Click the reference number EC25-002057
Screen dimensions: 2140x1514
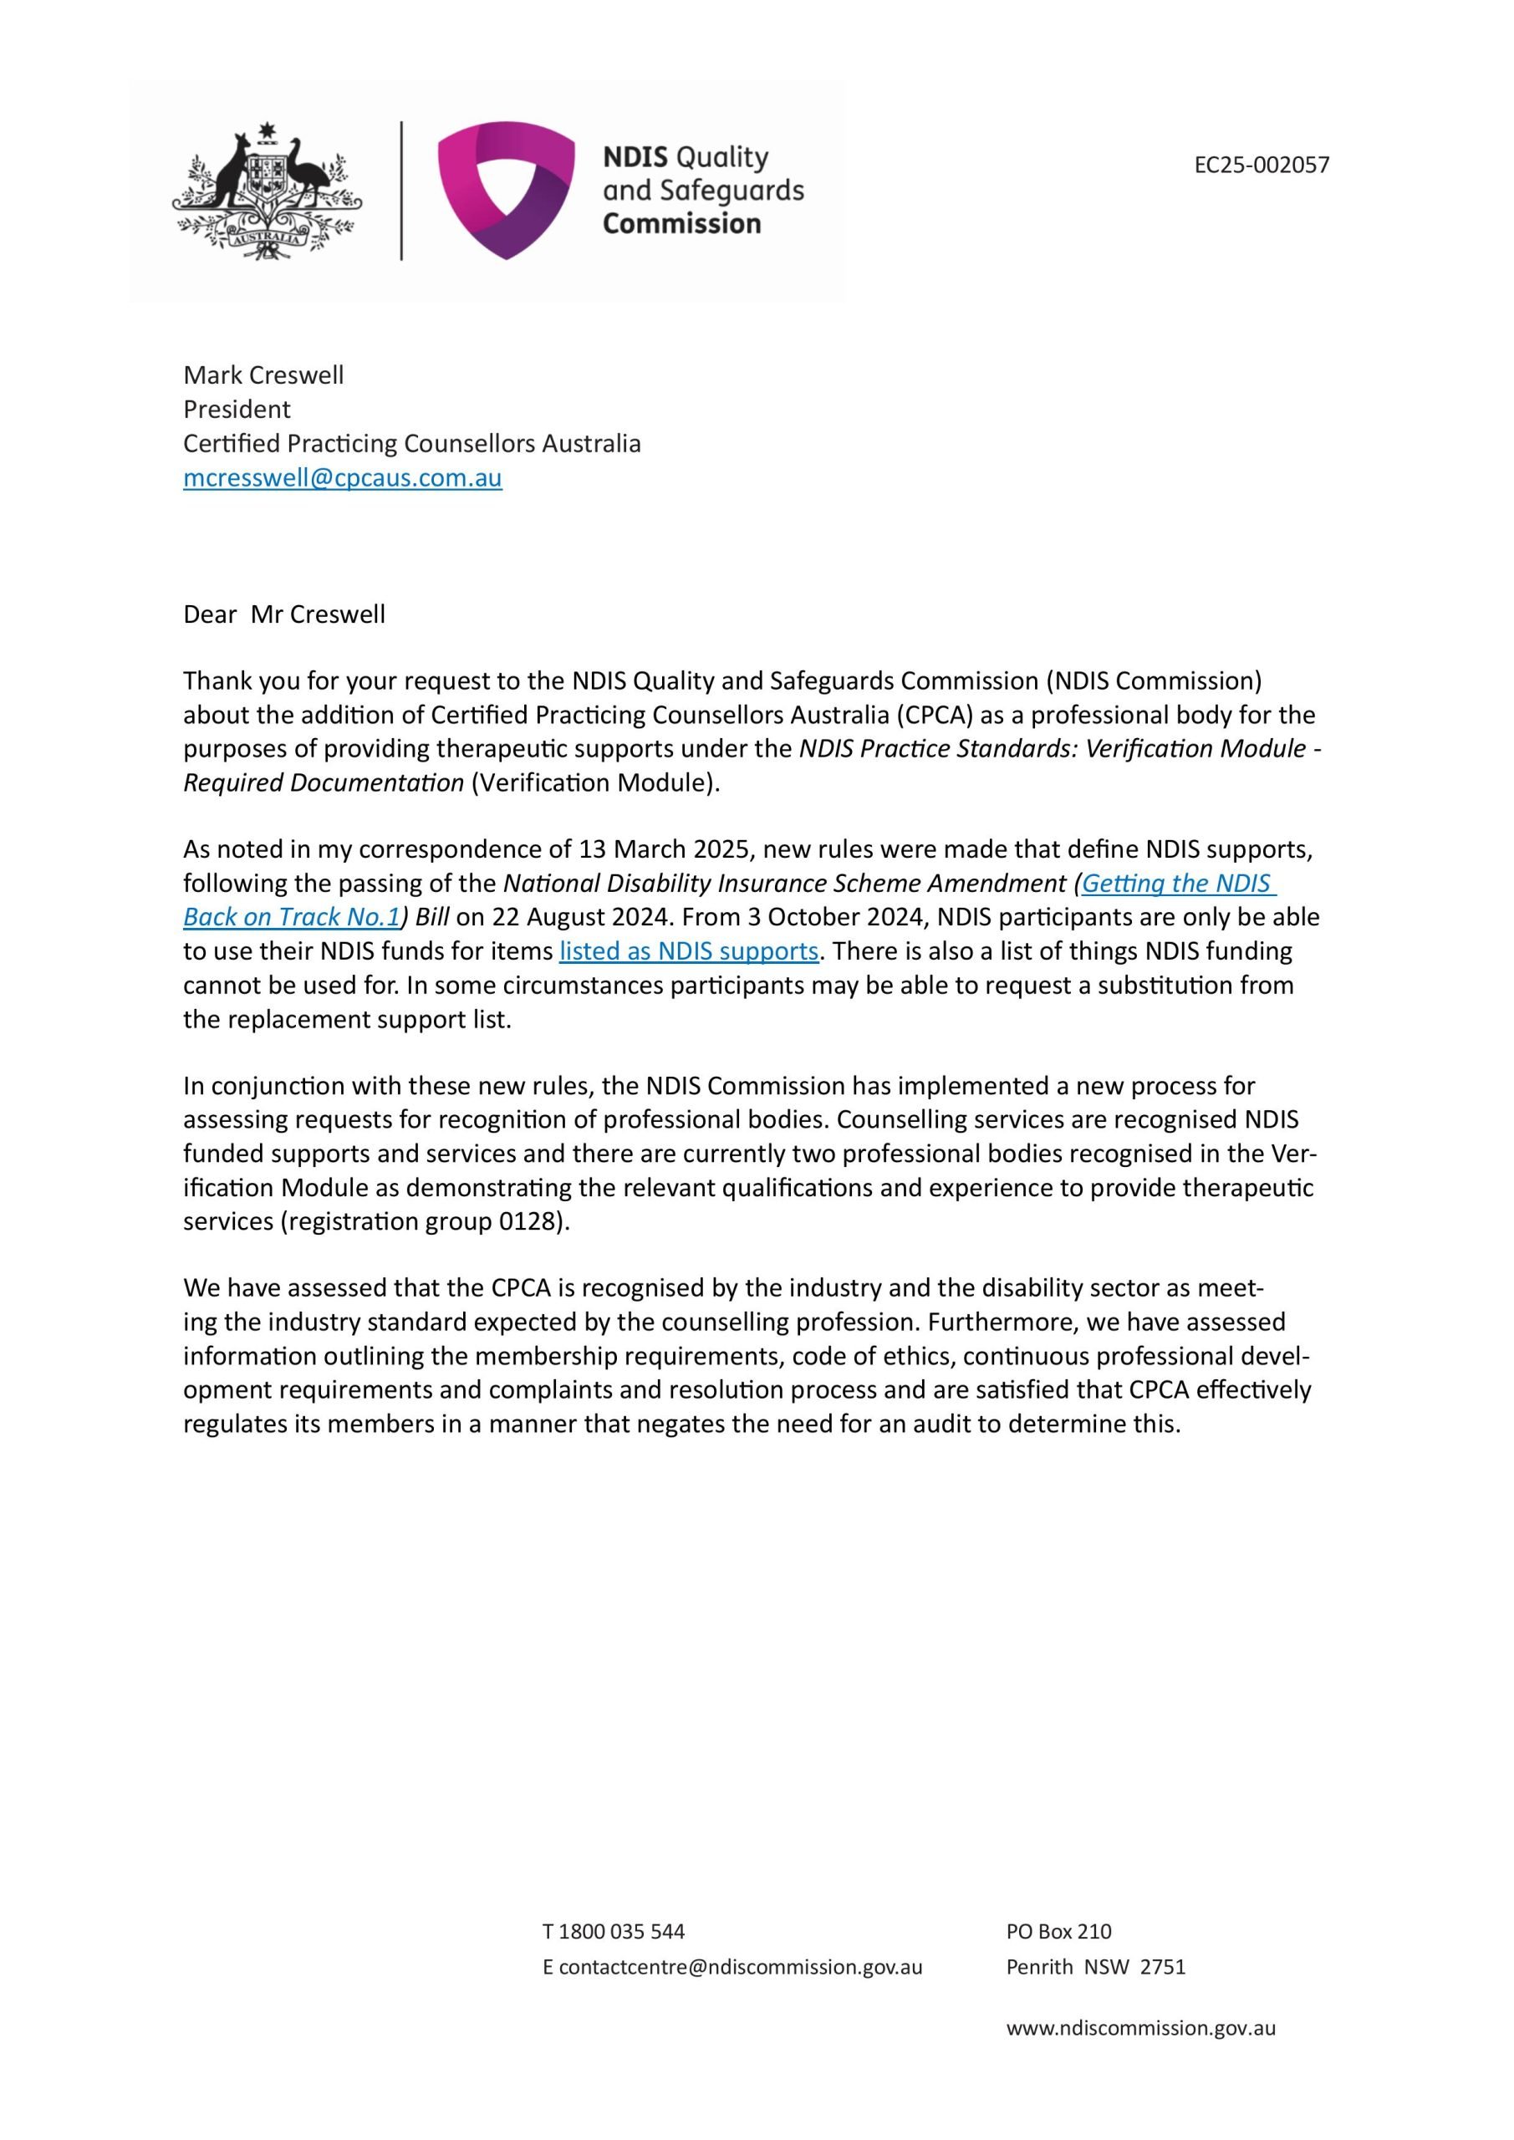click(1262, 165)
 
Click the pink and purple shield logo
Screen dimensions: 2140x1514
click(505, 189)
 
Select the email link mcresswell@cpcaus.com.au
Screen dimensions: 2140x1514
click(342, 477)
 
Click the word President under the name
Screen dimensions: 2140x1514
click(237, 409)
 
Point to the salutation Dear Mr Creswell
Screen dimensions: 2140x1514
click(283, 614)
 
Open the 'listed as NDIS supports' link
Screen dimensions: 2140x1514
click(688, 950)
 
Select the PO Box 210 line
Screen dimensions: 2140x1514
click(1058, 1931)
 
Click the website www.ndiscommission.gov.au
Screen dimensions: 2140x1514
click(1140, 2028)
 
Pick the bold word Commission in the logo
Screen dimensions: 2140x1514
click(681, 224)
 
